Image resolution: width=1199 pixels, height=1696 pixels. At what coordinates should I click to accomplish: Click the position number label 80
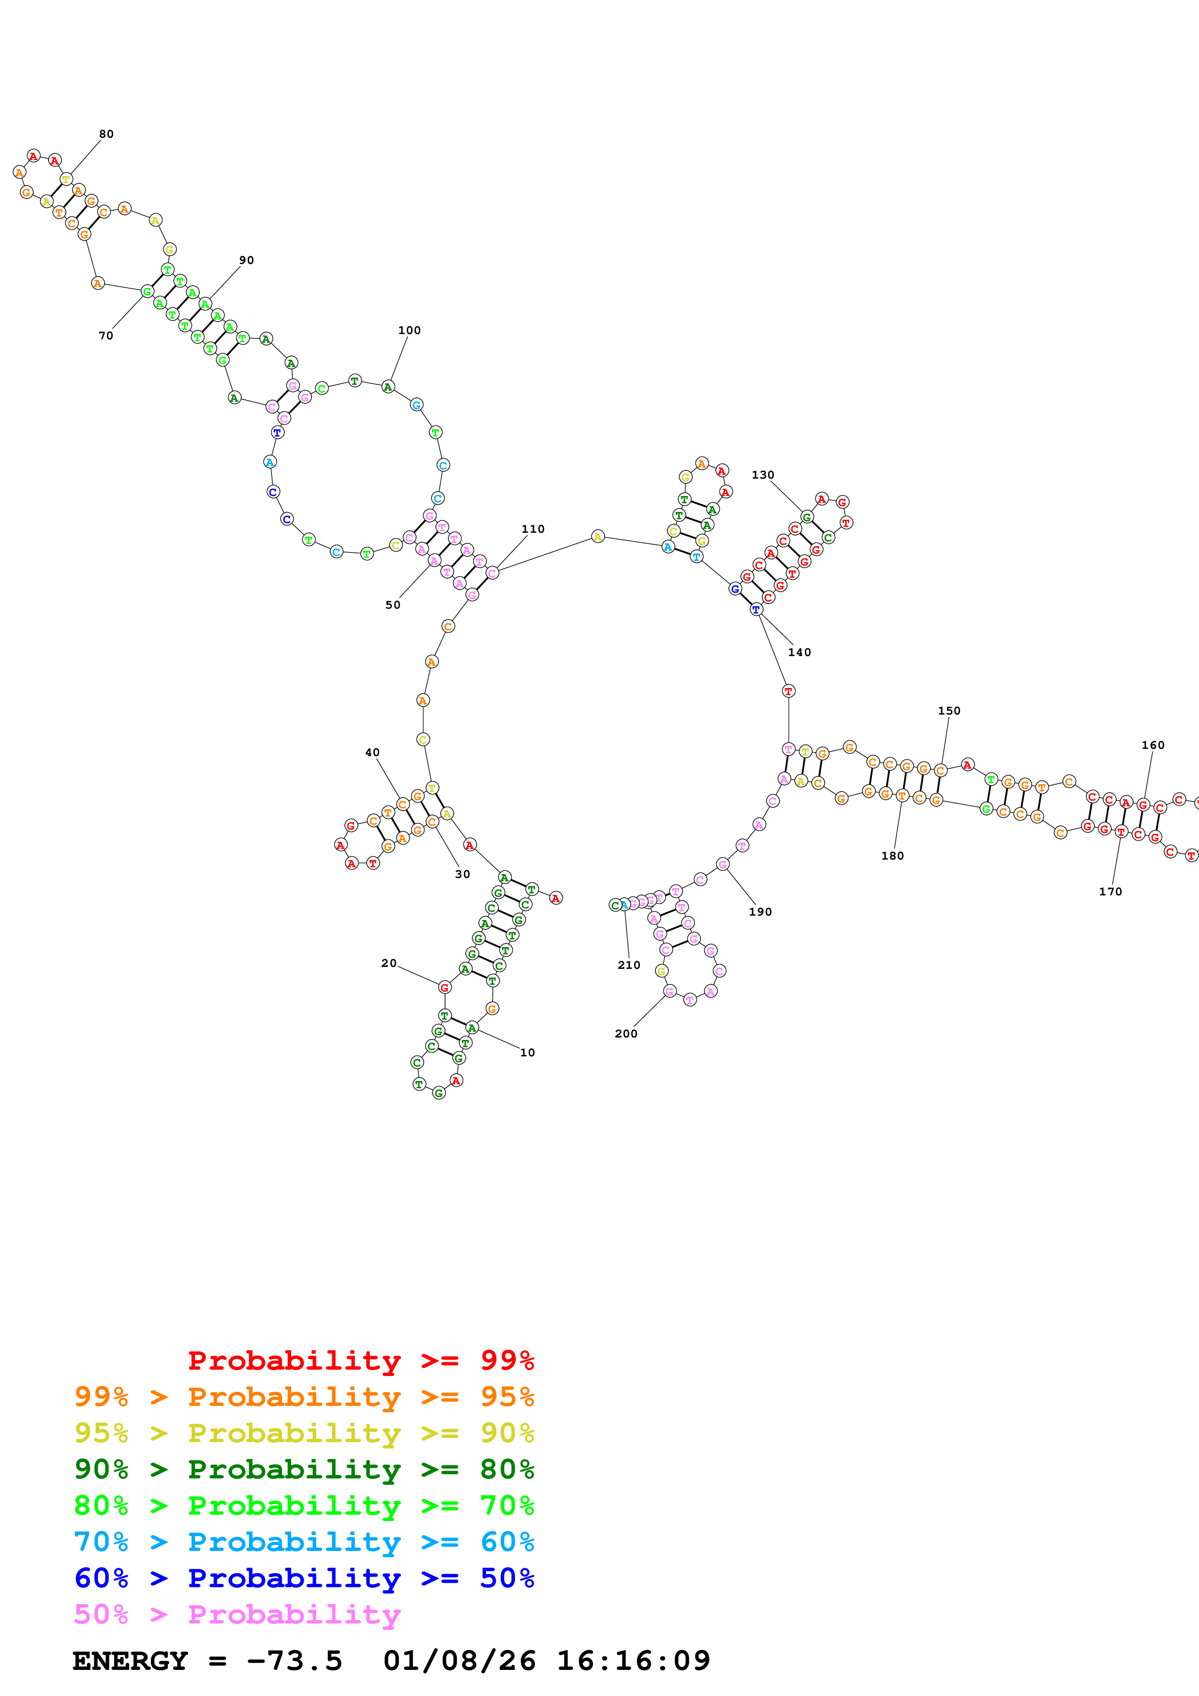click(x=106, y=134)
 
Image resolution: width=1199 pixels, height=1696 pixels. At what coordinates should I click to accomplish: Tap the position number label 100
click(x=409, y=330)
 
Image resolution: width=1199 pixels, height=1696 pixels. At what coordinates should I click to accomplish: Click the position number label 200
click(x=626, y=1033)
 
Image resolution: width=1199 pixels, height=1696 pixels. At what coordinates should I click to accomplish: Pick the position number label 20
click(x=388, y=963)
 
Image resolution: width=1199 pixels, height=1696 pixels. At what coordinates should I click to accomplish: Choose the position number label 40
click(x=372, y=752)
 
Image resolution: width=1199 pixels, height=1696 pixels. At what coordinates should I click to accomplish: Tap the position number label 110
click(x=533, y=529)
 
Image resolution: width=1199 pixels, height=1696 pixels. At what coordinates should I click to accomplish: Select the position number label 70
click(x=105, y=336)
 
